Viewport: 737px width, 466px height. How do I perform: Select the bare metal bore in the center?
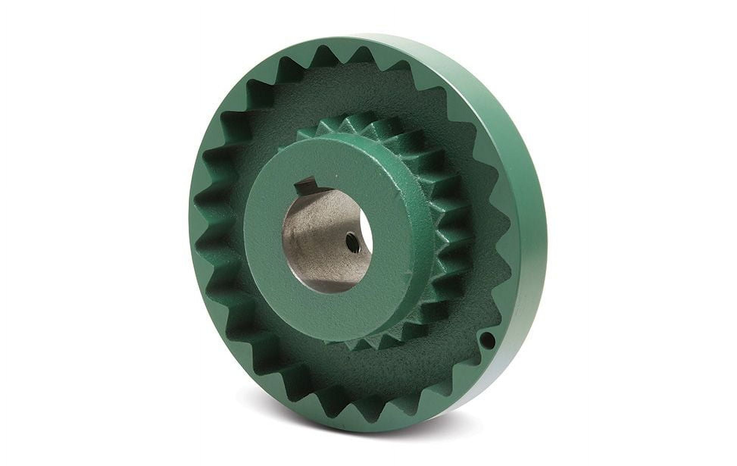(314, 242)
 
